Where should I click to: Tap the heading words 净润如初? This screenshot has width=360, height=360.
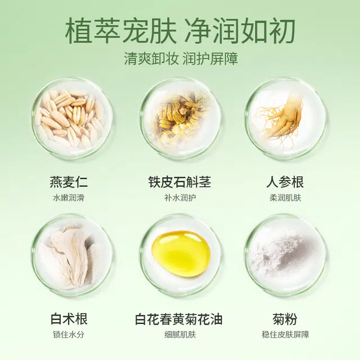coord(241,30)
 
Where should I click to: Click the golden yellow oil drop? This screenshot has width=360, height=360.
coord(181,253)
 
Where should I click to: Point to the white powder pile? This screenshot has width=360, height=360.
coord(284,256)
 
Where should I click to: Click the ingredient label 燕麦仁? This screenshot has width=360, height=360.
coord(69,183)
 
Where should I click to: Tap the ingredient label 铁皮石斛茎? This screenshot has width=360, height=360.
coord(179,183)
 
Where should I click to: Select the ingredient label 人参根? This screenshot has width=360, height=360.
coord(285,183)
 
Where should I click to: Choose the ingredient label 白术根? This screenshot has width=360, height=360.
coord(69,320)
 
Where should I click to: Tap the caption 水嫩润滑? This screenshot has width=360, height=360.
coord(69,198)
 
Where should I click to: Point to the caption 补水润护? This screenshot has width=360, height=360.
coord(179,198)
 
